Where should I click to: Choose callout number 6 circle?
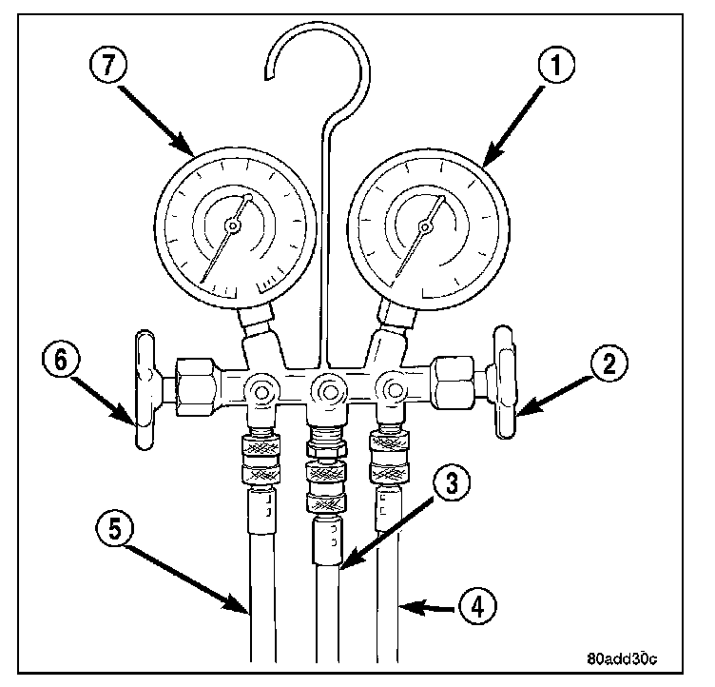[59, 361]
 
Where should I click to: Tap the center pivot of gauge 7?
[232, 226]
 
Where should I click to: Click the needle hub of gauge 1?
[425, 226]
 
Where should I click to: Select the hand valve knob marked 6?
[145, 389]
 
